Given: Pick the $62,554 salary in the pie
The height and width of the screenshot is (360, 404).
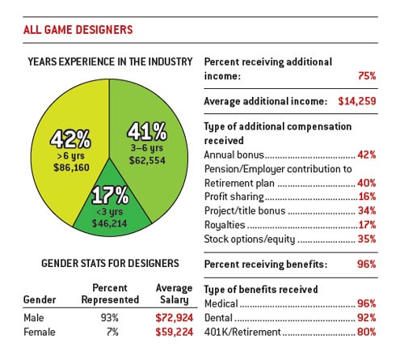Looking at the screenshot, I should pos(149,161).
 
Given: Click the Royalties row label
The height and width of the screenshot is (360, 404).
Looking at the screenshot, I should pos(224,225).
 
